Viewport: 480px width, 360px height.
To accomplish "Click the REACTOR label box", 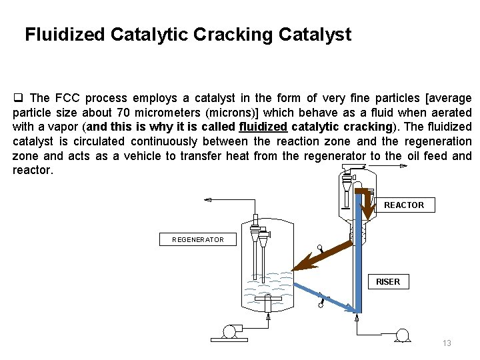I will point(403,205).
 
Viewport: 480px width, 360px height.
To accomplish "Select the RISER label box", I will point(387,282).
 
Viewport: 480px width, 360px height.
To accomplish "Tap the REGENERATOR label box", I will point(198,239).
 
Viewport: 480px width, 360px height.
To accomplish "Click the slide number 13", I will point(447,343).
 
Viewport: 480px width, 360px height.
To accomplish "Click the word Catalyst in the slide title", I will point(316,35).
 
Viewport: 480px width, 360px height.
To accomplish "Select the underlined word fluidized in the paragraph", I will point(263,127).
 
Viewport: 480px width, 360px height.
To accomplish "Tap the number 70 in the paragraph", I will point(124,112).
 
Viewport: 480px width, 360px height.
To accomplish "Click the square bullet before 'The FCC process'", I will point(19,98).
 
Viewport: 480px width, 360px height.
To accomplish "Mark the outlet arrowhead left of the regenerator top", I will point(208,200).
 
